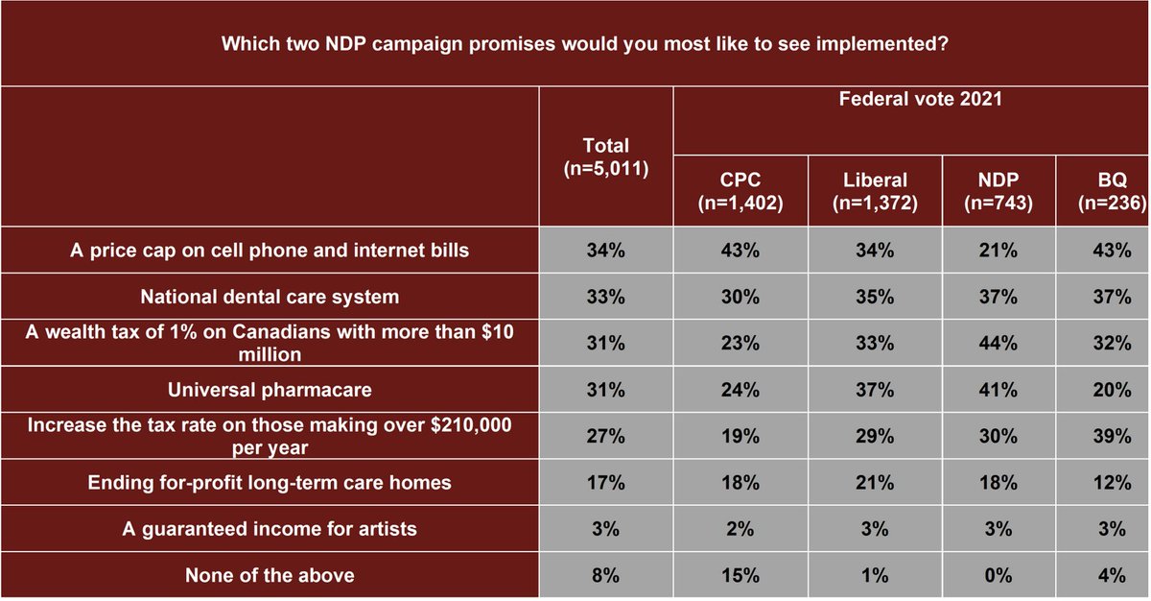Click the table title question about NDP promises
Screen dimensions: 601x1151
[x=575, y=44]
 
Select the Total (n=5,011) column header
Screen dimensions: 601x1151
[x=606, y=157]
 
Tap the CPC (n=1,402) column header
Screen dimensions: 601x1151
[x=740, y=191]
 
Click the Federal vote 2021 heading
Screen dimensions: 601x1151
[x=911, y=98]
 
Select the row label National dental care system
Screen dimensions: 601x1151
[x=270, y=297]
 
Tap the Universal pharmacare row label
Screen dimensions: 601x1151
[x=270, y=390]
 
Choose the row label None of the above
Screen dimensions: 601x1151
[x=270, y=575]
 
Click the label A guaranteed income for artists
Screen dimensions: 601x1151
[x=270, y=529]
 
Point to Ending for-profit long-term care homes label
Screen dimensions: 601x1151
[x=270, y=483]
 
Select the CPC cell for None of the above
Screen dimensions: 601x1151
[x=740, y=575]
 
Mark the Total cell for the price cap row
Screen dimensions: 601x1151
[x=606, y=251]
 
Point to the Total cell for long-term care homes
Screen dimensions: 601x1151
[x=606, y=483]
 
